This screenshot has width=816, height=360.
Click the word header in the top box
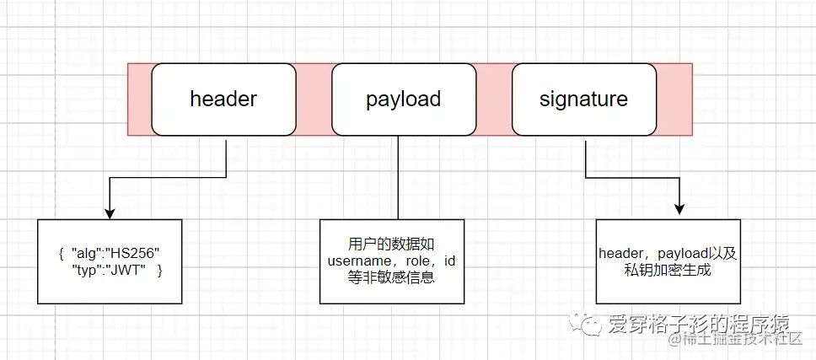(x=223, y=99)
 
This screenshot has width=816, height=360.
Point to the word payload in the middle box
(x=403, y=99)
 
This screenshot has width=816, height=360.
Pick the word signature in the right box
(x=583, y=99)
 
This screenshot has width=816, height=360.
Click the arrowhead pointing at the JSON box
(x=110, y=212)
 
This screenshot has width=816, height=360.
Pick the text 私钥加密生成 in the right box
(x=668, y=269)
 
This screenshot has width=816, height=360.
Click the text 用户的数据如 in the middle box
(x=391, y=244)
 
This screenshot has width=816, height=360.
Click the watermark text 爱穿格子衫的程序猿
(x=698, y=323)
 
